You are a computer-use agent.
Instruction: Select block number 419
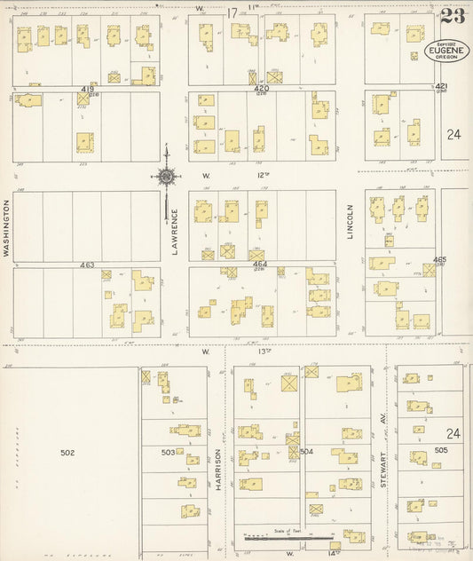(x=88, y=90)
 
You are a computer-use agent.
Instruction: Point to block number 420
(x=261, y=90)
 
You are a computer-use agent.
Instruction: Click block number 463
(x=86, y=265)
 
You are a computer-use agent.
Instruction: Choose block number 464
(x=259, y=265)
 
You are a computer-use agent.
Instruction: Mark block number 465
(x=439, y=260)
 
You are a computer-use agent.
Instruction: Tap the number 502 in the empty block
(x=67, y=453)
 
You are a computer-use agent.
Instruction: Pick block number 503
(x=168, y=453)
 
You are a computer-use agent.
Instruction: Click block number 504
(x=307, y=452)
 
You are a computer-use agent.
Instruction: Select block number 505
(x=441, y=451)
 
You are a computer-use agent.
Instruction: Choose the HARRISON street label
(x=218, y=463)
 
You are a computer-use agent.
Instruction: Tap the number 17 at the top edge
(x=233, y=12)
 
